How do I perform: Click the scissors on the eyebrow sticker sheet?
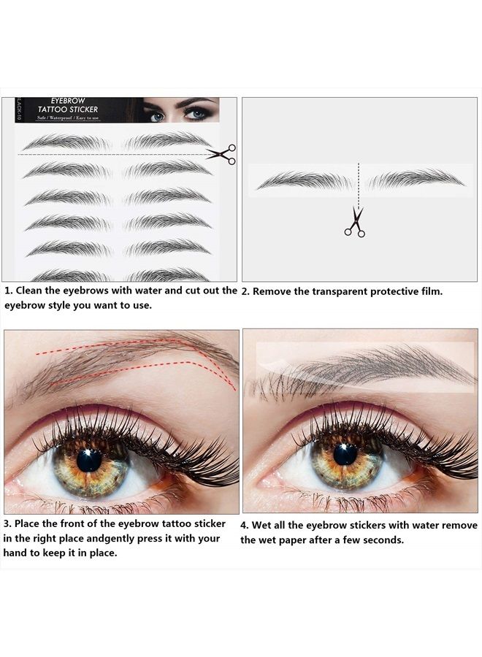222,153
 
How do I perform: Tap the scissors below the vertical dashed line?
354,222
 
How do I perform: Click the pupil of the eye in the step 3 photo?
89,460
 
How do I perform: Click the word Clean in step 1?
31,291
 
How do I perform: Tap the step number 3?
7,524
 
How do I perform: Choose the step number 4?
245,526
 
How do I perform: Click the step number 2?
245,291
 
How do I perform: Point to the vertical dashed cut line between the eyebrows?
358,182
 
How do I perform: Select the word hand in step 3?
17,553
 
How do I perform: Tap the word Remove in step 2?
272,291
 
